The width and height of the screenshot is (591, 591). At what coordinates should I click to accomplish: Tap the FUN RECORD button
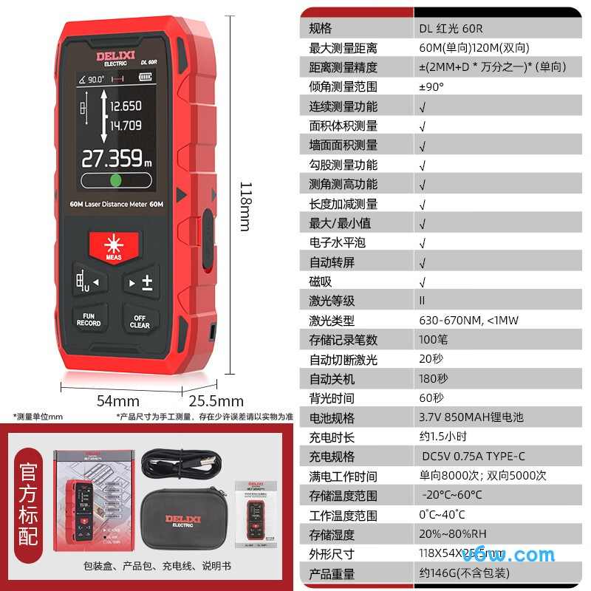click(89, 319)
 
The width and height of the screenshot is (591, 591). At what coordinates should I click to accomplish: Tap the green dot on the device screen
click(115, 180)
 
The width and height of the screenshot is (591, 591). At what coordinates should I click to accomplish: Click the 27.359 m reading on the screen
click(117, 158)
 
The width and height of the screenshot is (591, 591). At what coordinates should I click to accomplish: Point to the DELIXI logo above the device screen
click(112, 55)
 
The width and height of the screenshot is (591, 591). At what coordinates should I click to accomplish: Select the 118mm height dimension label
click(245, 206)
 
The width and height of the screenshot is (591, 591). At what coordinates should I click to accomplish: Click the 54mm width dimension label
click(118, 400)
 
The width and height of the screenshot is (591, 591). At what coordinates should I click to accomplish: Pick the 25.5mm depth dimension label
click(216, 401)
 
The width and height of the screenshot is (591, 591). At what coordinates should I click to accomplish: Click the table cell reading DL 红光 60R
click(451, 28)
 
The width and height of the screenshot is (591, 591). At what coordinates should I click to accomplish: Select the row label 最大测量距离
click(343, 47)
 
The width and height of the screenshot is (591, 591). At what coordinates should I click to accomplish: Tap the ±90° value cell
click(431, 86)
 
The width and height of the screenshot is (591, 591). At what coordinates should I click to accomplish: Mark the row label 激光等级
click(332, 301)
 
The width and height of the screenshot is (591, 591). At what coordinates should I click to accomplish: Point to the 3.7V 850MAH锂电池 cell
click(471, 417)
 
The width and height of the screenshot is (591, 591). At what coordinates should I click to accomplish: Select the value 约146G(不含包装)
click(465, 573)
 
